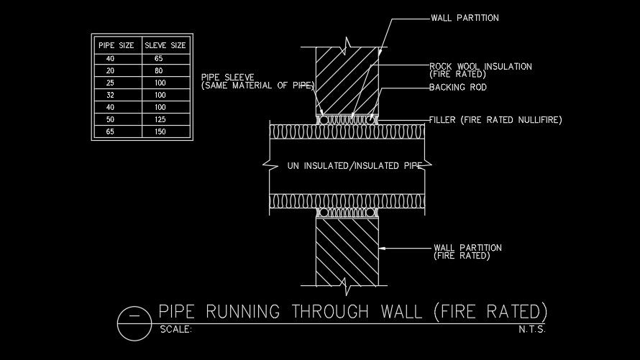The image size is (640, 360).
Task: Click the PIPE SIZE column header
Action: point(116,45)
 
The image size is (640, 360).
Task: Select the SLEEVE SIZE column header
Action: point(165,45)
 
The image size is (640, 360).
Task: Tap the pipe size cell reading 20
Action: point(110,70)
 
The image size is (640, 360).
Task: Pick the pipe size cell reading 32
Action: point(110,95)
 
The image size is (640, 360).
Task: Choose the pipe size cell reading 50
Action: point(110,120)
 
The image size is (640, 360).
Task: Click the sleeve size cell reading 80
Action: point(159,70)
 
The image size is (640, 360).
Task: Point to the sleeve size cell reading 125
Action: point(160,120)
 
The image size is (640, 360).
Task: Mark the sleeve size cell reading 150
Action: point(160,132)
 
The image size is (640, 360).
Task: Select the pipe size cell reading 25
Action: point(110,83)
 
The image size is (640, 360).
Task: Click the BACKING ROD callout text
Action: point(458,88)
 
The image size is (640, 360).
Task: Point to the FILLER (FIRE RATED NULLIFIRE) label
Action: point(495,119)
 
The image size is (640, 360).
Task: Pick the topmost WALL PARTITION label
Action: point(465,18)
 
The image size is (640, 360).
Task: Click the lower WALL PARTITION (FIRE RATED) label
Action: point(467,251)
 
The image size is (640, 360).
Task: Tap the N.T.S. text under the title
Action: point(532,331)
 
